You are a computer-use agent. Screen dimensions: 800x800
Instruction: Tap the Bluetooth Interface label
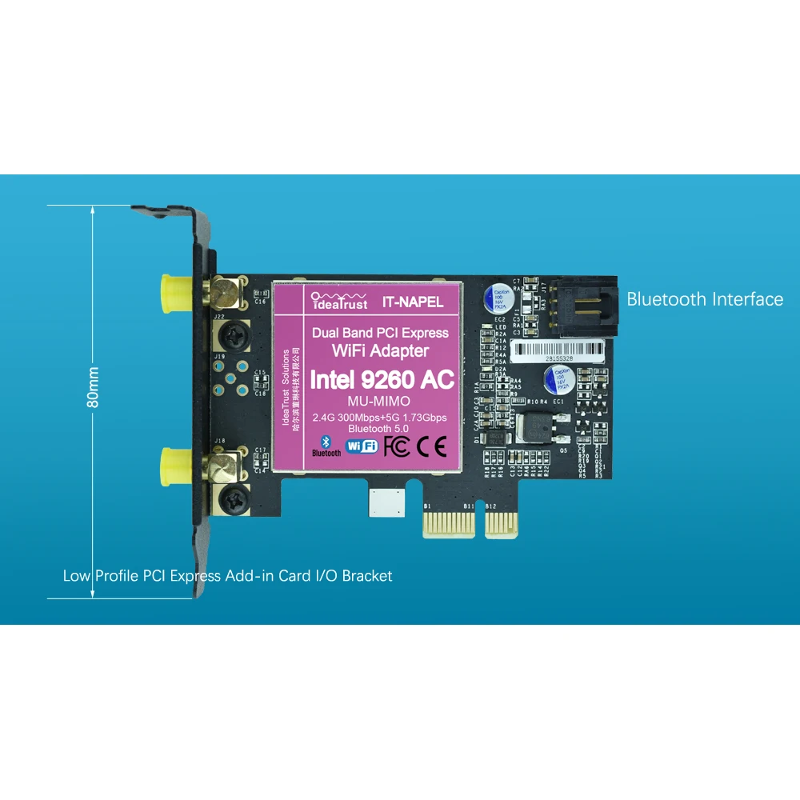pos(704,299)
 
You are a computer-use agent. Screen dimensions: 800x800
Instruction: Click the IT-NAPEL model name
pos(412,303)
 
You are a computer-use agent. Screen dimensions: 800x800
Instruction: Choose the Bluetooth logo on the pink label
pos(326,446)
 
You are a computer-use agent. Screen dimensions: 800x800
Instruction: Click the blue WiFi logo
pos(361,446)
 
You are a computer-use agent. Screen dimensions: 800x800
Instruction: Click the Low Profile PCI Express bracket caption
pos(227,576)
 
